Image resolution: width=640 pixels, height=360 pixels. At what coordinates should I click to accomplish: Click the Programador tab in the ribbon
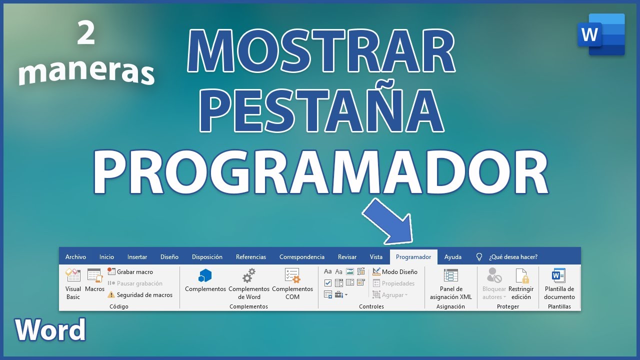click(413, 257)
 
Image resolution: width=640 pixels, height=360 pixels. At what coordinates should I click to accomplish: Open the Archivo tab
click(75, 257)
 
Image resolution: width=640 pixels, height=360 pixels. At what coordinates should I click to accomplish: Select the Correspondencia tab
click(301, 257)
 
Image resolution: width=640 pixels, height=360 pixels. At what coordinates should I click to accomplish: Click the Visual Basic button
click(73, 283)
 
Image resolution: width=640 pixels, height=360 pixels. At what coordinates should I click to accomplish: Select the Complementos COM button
click(292, 283)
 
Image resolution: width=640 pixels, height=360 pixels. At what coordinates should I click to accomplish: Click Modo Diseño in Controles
click(395, 272)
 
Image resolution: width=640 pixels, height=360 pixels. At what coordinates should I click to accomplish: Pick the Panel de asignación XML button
click(451, 283)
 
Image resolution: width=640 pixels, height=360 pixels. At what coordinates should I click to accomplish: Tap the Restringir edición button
click(521, 283)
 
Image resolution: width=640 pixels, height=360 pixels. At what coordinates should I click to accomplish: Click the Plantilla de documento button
click(559, 283)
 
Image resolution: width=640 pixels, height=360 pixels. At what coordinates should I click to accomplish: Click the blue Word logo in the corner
click(601, 34)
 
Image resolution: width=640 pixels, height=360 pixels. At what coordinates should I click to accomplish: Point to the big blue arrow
click(388, 221)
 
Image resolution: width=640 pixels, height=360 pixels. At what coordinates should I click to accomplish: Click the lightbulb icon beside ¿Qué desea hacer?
click(479, 257)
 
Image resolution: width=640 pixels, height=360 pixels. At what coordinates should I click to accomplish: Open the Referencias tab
click(251, 257)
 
